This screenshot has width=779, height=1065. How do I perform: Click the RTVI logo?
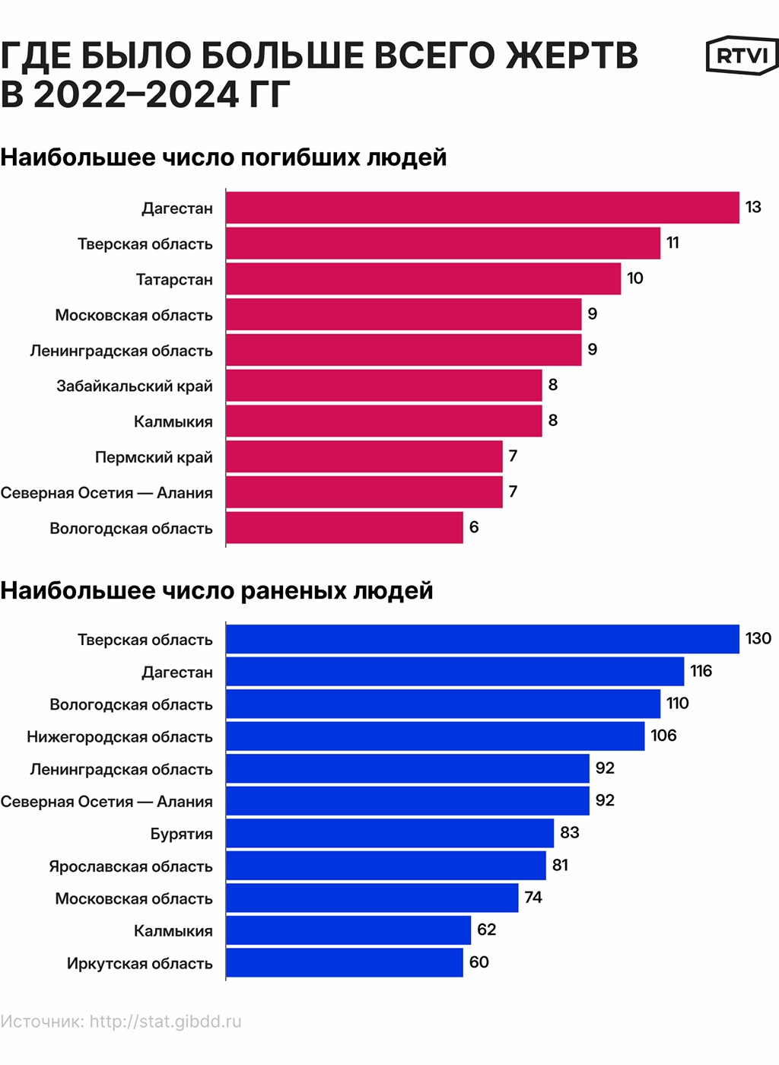(x=742, y=56)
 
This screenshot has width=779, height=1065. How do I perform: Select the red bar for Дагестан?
(x=482, y=208)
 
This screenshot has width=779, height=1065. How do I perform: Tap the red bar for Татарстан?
(x=423, y=278)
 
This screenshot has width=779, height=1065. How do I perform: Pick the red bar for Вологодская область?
(x=344, y=527)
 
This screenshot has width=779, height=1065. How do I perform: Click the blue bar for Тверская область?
(x=482, y=639)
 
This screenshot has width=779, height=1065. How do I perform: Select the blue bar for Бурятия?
(x=389, y=833)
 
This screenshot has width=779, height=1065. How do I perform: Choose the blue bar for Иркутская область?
(x=344, y=962)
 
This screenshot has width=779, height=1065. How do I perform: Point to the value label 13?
(x=753, y=207)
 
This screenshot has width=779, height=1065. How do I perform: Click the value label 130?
(x=758, y=638)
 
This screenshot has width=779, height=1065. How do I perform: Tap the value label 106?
(x=663, y=736)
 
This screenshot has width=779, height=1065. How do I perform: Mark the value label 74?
(x=533, y=898)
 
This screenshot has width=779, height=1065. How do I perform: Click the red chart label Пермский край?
(x=154, y=457)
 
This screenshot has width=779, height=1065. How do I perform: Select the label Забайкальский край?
(x=135, y=386)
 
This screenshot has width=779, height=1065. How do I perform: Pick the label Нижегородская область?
(x=119, y=736)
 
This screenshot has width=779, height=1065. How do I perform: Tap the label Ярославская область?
(x=131, y=866)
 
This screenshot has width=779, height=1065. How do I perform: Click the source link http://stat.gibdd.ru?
(x=165, y=1022)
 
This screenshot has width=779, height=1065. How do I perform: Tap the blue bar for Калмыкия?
(x=348, y=930)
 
